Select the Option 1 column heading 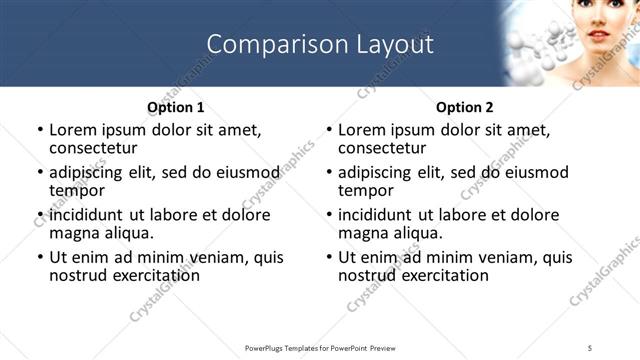click(175, 107)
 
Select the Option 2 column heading click(464, 107)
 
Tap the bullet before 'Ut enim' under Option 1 click(39, 257)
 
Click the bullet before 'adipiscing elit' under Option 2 click(328, 172)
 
